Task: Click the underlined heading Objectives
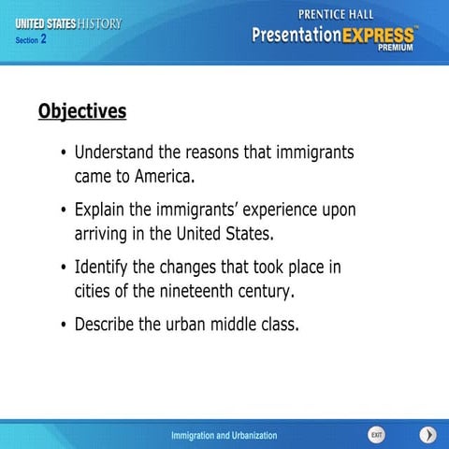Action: coord(81,112)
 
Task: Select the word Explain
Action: coord(104,210)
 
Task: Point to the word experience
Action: coord(277,210)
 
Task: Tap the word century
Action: coord(263,291)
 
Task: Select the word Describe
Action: coord(109,326)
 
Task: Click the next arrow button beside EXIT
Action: coord(427,435)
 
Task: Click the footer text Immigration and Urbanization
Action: coord(224,436)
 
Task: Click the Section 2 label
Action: coord(31,40)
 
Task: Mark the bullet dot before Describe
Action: coord(62,326)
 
